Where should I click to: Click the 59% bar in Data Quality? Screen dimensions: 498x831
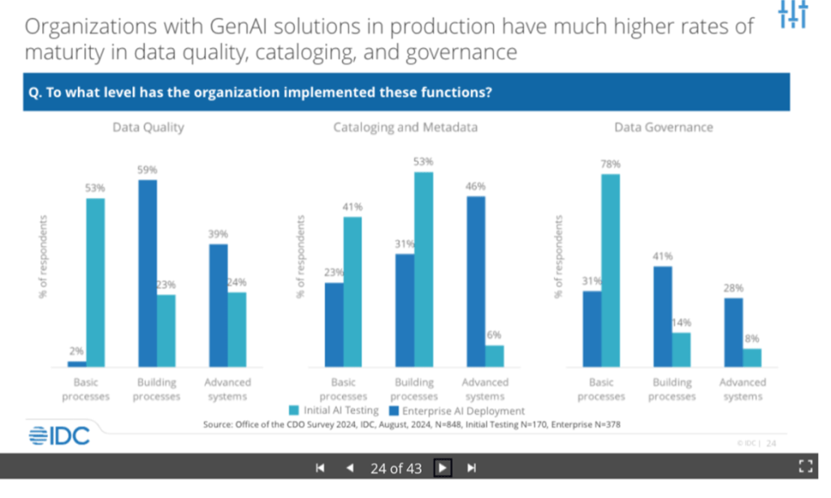147,273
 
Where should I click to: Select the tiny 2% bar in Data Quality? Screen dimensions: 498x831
76,364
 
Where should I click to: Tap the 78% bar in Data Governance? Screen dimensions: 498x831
610,270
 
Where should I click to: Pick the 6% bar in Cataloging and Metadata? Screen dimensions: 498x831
494,356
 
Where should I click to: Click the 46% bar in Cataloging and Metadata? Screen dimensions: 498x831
476,281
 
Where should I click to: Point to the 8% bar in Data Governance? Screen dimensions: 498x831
752,357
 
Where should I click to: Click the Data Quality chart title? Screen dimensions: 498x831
148,128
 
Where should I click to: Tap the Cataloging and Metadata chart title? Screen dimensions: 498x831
405,128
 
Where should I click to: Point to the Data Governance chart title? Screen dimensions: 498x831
663,128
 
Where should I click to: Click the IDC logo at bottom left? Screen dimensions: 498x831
58,435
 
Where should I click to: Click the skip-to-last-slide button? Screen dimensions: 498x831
471,468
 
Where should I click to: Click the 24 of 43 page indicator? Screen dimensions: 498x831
396,468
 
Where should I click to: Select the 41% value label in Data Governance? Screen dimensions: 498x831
663,257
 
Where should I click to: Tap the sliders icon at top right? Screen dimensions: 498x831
792,15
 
